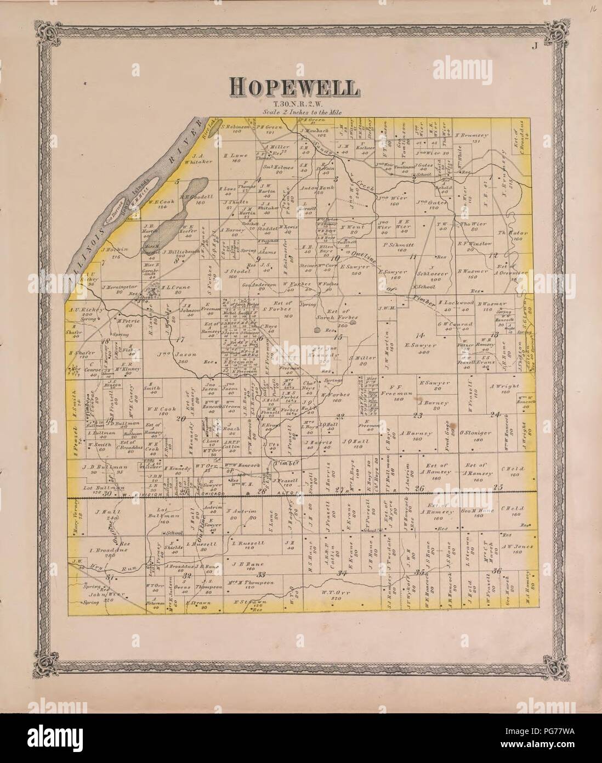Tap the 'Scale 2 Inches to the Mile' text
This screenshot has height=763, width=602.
pyautogui.click(x=294, y=112)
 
